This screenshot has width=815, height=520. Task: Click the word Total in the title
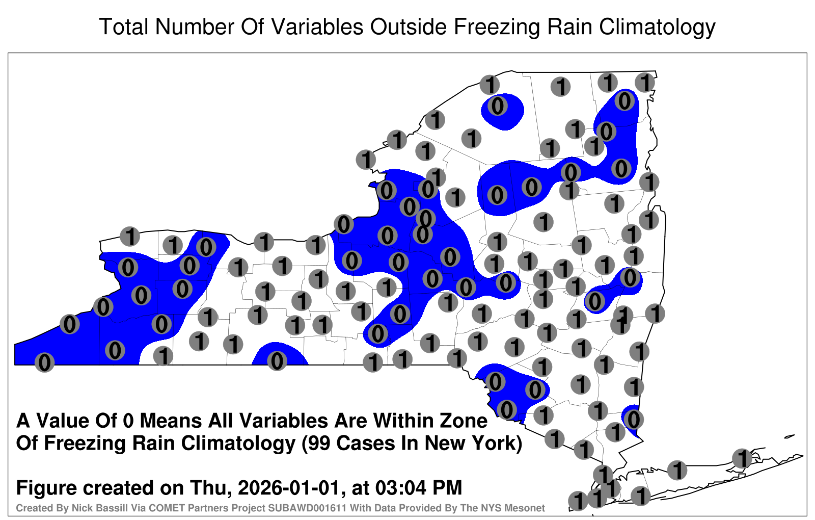click(x=124, y=27)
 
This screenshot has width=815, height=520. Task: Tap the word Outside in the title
click(x=408, y=27)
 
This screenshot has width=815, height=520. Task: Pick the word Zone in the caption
click(x=464, y=421)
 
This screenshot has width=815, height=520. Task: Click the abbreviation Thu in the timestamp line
click(x=211, y=487)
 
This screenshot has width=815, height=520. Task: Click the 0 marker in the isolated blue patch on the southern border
click(x=277, y=361)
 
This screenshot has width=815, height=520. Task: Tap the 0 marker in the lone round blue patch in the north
click(x=497, y=107)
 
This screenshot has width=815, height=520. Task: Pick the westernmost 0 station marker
click(x=44, y=362)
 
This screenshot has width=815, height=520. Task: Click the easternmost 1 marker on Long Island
click(x=742, y=458)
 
